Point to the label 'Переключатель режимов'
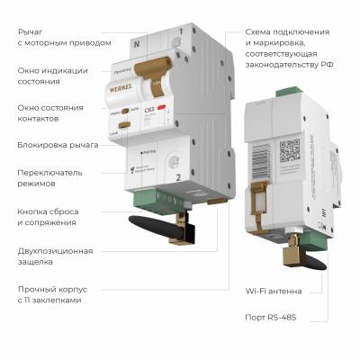[50, 177]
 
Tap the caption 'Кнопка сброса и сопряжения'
[51, 217]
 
